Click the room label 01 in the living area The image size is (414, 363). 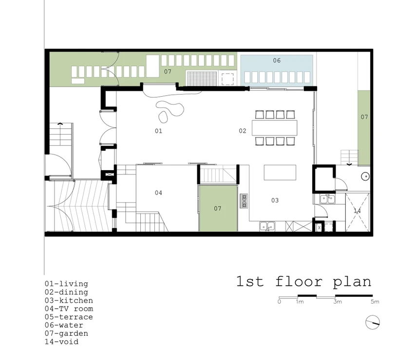(158, 131)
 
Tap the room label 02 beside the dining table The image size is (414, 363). (243, 131)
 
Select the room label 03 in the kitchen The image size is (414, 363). (275, 201)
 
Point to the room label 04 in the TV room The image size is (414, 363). (158, 193)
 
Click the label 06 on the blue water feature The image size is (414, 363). (277, 61)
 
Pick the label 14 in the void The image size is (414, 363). (357, 211)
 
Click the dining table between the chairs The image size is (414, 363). (274, 128)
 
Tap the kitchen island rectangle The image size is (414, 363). (280, 173)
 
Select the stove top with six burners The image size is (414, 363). (244, 201)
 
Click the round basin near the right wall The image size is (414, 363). (365, 176)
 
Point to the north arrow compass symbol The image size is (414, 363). (373, 322)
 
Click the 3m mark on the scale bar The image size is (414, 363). (338, 302)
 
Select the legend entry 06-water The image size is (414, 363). (64, 325)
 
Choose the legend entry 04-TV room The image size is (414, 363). (69, 309)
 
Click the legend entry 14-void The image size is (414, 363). (61, 342)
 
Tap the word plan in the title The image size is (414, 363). (352, 282)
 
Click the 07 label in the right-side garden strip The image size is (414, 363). (364, 117)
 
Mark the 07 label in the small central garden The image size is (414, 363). (218, 208)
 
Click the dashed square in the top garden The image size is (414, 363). (227, 79)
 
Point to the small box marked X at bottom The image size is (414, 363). (319, 227)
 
